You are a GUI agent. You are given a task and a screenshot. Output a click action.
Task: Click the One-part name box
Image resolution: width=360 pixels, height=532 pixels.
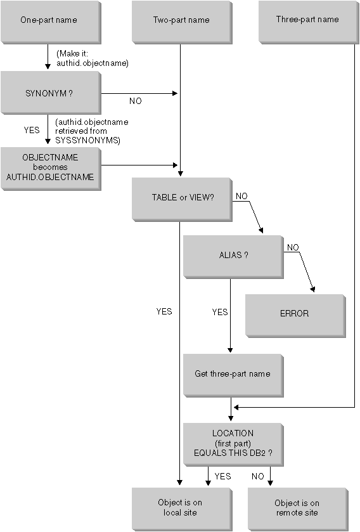(49, 20)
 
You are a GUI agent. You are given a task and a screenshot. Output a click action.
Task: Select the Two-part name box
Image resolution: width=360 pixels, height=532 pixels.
(181, 20)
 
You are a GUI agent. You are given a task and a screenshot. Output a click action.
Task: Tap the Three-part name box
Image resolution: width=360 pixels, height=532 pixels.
(307, 20)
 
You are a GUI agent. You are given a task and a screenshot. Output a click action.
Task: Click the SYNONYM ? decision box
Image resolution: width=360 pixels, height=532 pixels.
(49, 93)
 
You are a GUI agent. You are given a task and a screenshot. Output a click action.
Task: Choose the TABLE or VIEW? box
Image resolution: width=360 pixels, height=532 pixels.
(182, 197)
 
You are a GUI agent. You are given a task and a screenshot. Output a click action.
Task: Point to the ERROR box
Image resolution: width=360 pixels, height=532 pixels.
(295, 314)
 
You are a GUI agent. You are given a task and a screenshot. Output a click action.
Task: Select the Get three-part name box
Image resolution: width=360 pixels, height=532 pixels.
(233, 373)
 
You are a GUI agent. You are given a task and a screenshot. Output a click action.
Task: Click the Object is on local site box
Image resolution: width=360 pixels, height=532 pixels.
(180, 508)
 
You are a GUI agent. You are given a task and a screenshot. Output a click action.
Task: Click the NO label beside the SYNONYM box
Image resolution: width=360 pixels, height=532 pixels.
(135, 100)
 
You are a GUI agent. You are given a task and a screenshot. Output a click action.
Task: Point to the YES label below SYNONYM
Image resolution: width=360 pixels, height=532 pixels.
(32, 130)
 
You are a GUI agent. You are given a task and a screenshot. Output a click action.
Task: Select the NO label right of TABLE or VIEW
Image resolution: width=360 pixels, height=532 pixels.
(241, 197)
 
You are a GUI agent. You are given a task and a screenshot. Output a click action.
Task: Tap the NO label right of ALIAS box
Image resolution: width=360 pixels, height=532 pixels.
(292, 247)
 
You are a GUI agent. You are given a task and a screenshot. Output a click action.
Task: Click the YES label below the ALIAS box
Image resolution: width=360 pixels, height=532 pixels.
(220, 312)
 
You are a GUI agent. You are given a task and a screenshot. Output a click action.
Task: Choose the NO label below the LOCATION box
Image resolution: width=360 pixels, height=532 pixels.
(258, 476)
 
